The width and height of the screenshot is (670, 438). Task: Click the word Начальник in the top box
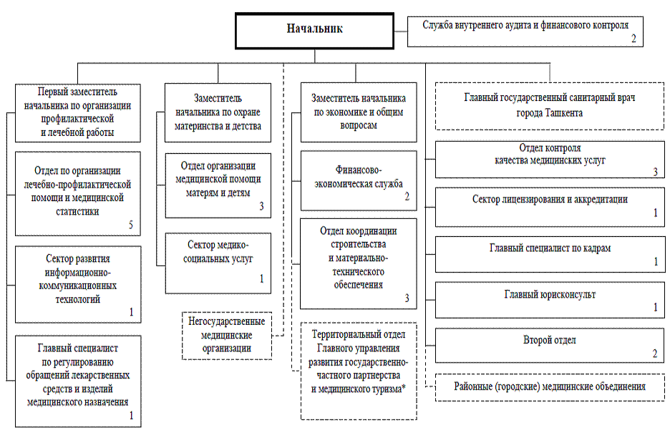point(314,29)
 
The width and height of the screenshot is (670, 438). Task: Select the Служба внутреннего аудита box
point(525,31)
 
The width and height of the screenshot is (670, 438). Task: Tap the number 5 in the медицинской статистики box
point(131,225)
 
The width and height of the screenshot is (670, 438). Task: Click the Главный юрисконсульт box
point(550,300)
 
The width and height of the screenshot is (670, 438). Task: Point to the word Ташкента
point(564,113)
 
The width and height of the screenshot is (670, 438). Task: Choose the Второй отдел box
point(550,345)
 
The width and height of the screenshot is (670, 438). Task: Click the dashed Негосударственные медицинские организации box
point(227,336)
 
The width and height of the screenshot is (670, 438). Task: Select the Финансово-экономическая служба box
point(359,180)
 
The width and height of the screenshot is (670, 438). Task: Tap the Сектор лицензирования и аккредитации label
point(550,200)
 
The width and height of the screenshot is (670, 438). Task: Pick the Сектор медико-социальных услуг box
point(218,263)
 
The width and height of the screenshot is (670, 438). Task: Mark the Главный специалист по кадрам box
point(550,254)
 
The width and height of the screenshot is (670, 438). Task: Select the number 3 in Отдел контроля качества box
point(655,172)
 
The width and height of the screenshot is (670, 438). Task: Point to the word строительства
point(359,245)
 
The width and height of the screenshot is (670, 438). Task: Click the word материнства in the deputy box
point(195,126)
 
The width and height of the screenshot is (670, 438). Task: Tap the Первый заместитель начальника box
point(78,113)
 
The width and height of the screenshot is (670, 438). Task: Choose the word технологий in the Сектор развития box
point(78,299)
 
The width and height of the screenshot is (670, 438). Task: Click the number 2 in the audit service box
point(633,39)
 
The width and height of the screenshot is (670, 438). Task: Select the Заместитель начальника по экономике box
point(359,112)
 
